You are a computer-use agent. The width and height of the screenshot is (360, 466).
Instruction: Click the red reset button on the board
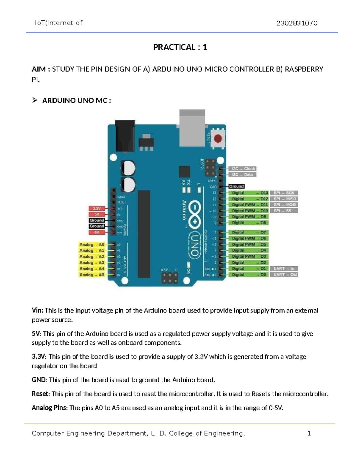pyautogui.click(x=218, y=139)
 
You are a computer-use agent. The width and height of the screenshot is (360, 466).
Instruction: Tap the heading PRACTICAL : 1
pyautogui.click(x=180, y=47)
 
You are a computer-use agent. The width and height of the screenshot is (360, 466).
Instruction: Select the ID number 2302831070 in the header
pyautogui.click(x=297, y=23)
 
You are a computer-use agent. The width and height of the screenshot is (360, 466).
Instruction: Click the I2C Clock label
pyautogui.click(x=242, y=169)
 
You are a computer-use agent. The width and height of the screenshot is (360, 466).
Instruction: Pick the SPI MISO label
pyautogui.click(x=284, y=199)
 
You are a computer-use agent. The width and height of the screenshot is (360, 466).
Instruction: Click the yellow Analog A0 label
pyautogui.click(x=92, y=245)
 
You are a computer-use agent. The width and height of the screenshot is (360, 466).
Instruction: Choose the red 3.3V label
pyautogui.click(x=97, y=208)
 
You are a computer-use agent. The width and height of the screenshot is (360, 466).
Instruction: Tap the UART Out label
pyautogui.click(x=285, y=275)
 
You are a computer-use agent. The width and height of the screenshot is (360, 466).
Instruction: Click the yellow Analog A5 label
pyautogui.click(x=92, y=275)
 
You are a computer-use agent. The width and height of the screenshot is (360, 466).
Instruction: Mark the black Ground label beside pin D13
pyautogui.click(x=236, y=186)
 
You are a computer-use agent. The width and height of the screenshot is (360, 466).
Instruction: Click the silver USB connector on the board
pyautogui.click(x=192, y=128)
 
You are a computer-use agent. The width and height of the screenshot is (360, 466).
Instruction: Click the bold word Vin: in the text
pyautogui.click(x=37, y=310)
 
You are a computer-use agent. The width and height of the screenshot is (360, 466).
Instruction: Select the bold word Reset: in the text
pyautogui.click(x=41, y=394)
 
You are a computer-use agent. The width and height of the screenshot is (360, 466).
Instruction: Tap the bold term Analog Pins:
pyautogui.click(x=50, y=408)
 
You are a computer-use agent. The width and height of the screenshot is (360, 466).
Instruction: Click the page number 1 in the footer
pyautogui.click(x=309, y=433)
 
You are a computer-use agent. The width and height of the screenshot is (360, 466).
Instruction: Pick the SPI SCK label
pyautogui.click(x=284, y=193)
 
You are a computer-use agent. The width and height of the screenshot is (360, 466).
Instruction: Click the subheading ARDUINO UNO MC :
pyautogui.click(x=76, y=101)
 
